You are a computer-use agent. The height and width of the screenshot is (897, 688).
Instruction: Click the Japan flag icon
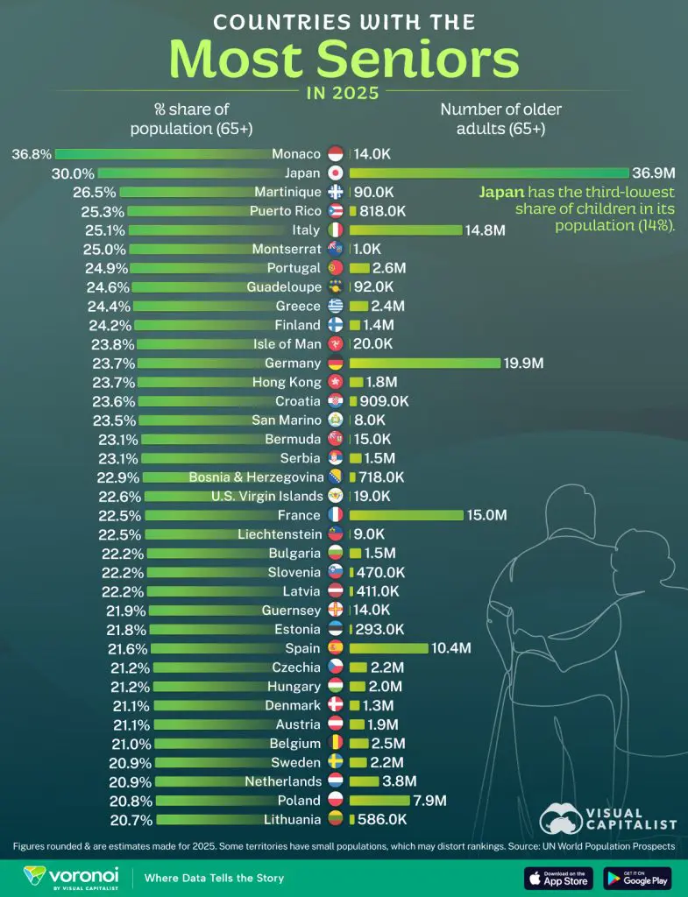tap(335, 173)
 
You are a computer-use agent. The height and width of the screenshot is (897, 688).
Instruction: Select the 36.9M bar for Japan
tap(489, 173)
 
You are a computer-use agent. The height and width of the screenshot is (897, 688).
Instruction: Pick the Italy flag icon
tap(335, 230)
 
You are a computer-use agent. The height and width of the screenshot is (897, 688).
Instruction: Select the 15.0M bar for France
tap(407, 515)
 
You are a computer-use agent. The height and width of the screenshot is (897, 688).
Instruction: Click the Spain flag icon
tap(335, 648)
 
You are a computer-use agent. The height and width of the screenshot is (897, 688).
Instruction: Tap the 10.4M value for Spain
tap(452, 648)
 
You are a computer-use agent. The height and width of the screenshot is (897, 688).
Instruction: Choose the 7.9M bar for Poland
tap(379, 801)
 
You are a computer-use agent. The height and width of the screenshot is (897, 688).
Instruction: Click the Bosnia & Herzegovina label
tap(253, 477)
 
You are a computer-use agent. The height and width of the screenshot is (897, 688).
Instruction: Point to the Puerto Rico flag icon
tap(335, 211)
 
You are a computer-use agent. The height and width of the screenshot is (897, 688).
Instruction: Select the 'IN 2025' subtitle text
tap(344, 92)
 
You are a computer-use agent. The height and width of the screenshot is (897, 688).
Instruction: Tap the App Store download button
tap(558, 877)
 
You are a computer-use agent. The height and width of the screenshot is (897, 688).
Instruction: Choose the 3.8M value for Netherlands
tap(399, 781)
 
